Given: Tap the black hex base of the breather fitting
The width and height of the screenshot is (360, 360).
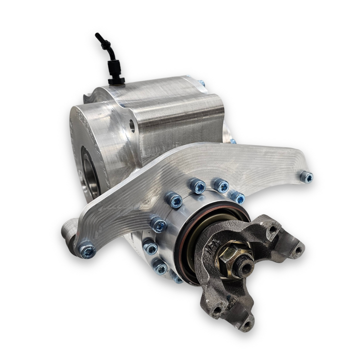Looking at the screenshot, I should pos(116,80).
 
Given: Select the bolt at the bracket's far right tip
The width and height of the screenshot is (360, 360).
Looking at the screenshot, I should pos(306,176).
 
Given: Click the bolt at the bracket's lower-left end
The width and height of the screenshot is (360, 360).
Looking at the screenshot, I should pos(87,250).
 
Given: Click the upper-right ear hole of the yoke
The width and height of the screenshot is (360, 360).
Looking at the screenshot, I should pos(273,229).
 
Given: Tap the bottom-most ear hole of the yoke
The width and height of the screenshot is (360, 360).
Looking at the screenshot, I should pos(246,324).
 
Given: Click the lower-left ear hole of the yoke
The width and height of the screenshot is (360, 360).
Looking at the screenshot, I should pos(216,310).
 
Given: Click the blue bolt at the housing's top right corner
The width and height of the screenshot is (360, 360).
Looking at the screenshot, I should pos(201,83).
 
